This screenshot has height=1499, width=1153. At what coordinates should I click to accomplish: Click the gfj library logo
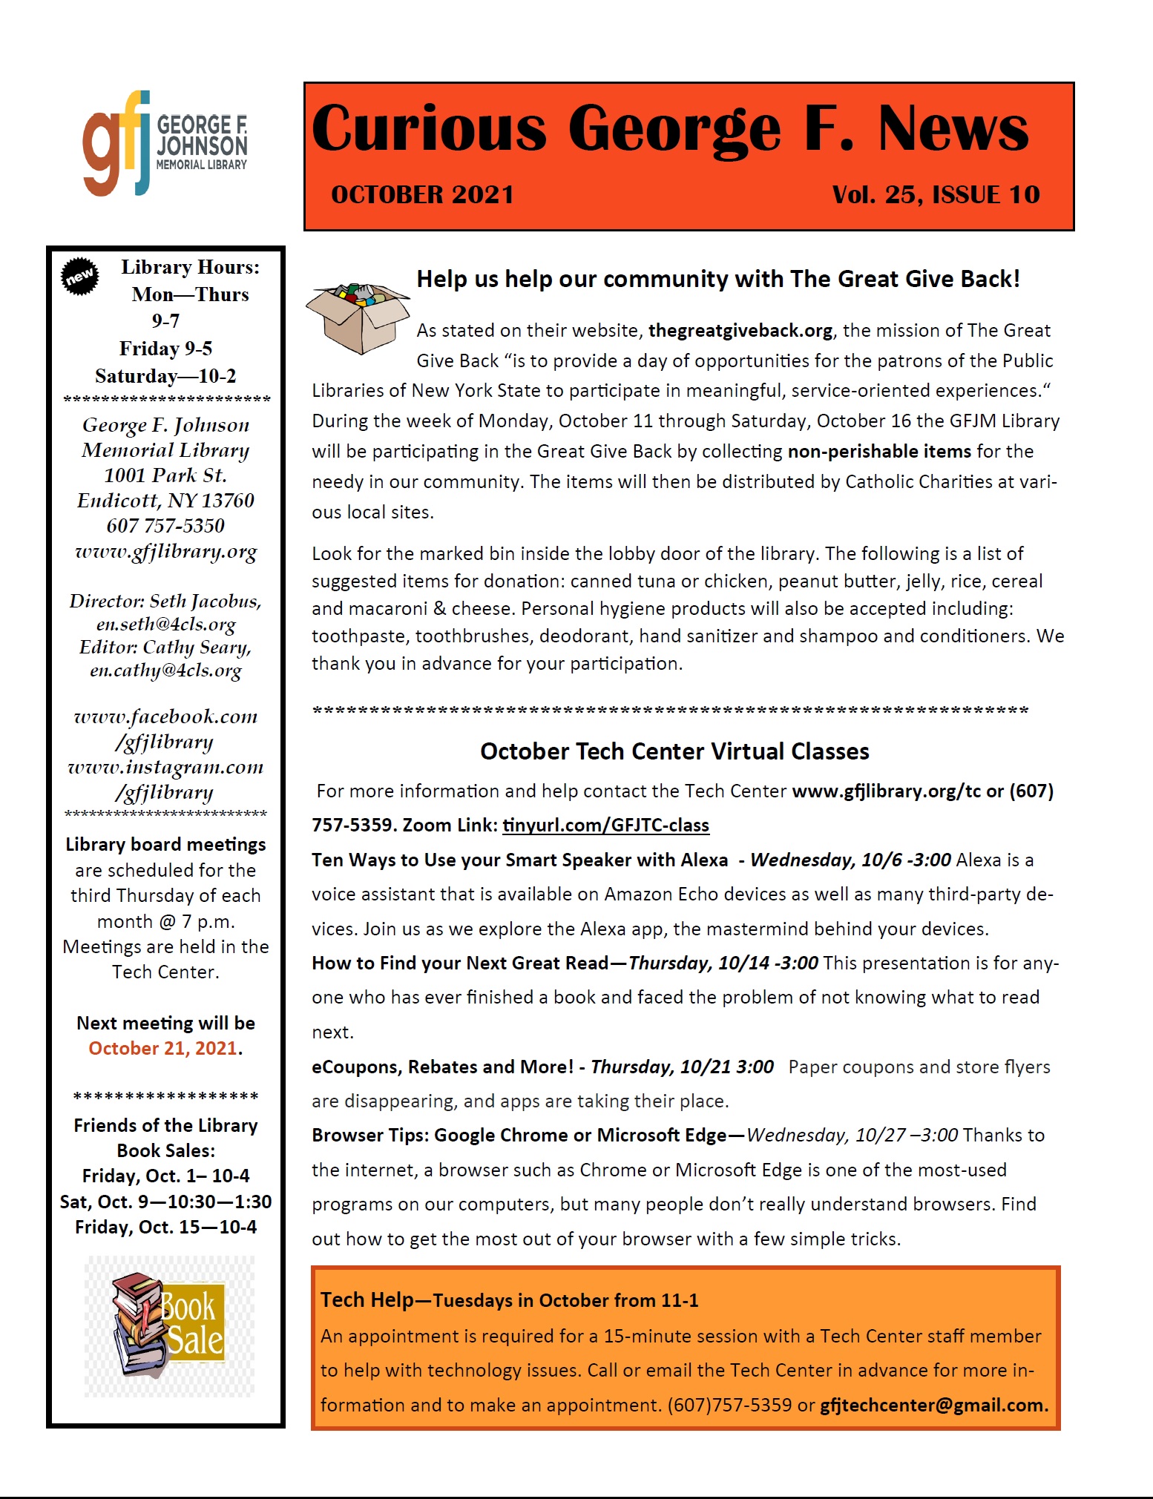[165, 143]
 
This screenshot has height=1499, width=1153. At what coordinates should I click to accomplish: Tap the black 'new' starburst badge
[79, 277]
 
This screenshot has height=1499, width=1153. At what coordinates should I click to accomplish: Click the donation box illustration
[358, 317]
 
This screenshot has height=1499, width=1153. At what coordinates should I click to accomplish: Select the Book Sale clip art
[169, 1326]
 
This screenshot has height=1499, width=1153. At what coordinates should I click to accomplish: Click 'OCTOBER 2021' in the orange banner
[422, 194]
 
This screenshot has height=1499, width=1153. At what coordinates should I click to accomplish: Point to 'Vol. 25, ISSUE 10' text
[936, 194]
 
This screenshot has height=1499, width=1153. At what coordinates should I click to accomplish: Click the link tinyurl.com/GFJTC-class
[605, 825]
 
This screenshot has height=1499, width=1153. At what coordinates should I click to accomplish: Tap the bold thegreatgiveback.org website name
[740, 330]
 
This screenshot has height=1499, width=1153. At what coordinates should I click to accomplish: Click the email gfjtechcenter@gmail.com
[933, 1405]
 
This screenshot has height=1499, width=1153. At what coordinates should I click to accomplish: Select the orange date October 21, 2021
[162, 1048]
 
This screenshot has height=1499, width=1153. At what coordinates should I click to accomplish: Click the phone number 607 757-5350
[165, 526]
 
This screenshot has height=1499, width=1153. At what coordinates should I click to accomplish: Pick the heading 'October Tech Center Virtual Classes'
[674, 751]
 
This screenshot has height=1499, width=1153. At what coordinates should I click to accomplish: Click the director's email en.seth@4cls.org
[165, 625]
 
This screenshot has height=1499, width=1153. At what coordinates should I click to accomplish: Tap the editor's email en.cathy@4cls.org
[165, 671]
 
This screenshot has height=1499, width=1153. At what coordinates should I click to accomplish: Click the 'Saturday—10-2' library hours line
[165, 376]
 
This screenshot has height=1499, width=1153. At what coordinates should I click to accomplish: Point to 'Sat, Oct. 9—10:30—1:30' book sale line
[165, 1202]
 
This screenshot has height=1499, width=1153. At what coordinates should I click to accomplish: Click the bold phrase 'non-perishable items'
[879, 451]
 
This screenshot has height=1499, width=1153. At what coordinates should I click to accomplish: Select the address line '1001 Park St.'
[165, 475]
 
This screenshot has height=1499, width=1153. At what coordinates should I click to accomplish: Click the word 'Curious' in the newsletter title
[429, 128]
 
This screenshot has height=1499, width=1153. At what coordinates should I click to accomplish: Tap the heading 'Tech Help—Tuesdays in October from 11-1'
[509, 1300]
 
